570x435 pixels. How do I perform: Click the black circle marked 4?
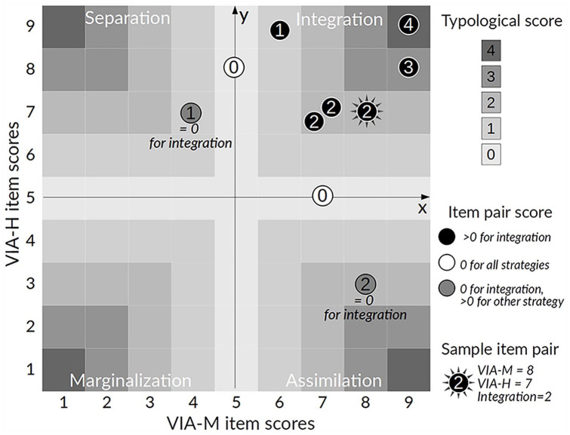(x=408, y=25)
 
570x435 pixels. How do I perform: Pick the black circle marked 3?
(x=408, y=67)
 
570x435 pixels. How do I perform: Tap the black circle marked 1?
(x=280, y=30)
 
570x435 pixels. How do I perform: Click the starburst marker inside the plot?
(x=366, y=112)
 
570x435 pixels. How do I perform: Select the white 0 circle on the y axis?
(x=235, y=67)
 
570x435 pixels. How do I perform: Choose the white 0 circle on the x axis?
(x=322, y=196)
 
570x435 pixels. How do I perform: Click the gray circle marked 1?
(x=191, y=113)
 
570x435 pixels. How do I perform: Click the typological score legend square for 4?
(x=491, y=51)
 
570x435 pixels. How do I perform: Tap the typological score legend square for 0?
(x=491, y=154)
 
